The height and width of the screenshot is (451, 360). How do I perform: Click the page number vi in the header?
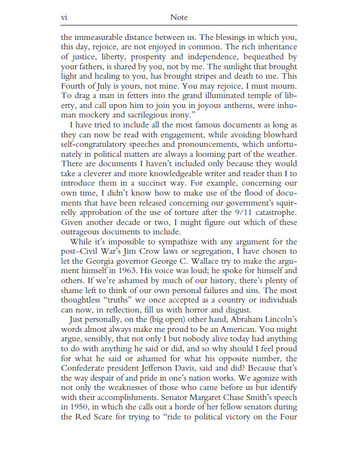point(64,18)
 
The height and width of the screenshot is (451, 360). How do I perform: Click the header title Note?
point(179,18)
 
